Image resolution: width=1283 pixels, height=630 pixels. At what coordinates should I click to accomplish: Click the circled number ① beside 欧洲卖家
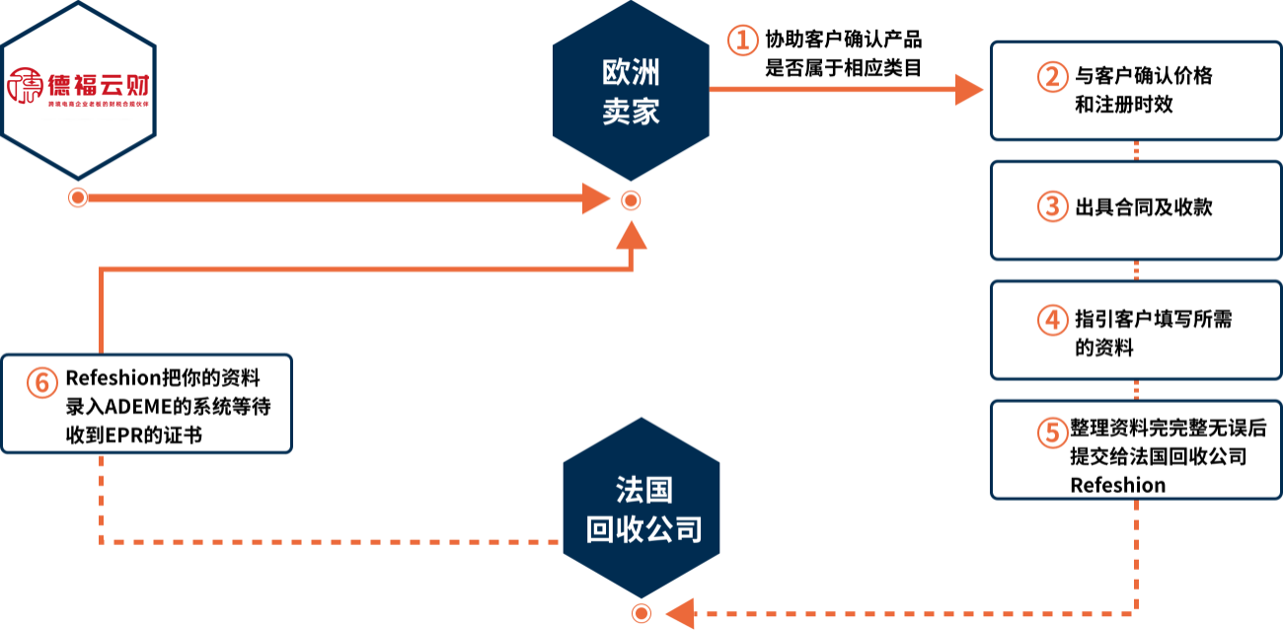pos(743,41)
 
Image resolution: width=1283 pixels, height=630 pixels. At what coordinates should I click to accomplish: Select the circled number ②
pos(1053,77)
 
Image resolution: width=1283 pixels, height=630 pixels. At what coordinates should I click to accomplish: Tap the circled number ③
pos(1053,206)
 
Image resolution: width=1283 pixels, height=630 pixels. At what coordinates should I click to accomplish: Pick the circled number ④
pos(1053,320)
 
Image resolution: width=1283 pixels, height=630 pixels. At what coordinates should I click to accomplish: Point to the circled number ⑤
pos(1053,433)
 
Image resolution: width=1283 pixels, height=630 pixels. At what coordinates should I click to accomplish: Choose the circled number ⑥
pos(42,383)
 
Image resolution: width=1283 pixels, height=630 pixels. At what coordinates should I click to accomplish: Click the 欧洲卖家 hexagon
pos(631,91)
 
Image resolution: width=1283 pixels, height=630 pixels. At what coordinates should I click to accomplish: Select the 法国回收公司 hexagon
pos(641,509)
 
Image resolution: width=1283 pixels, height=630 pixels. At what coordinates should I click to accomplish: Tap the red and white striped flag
pos(78,89)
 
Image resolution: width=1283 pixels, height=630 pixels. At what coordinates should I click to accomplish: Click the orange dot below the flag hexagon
pos(78,198)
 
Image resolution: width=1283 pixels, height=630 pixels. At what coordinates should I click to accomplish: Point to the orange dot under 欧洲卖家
pos(631,201)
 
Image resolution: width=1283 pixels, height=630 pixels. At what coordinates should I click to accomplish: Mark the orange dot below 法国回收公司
pos(641,613)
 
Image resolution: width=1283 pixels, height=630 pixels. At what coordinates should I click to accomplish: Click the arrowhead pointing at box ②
pos(969,90)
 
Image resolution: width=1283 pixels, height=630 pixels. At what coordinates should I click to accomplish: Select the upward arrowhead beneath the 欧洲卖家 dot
pos(631,235)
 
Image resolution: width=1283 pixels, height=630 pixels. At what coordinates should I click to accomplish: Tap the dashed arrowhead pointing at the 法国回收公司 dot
pos(680,613)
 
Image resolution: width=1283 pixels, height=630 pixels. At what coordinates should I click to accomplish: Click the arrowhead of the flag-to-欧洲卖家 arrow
pos(596,198)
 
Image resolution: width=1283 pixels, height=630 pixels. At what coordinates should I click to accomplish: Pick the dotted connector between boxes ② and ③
pos(1137,151)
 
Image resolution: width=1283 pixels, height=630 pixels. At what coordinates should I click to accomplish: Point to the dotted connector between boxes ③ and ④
pos(1137,271)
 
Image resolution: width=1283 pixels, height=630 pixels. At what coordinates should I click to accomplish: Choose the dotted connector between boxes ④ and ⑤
pos(1137,390)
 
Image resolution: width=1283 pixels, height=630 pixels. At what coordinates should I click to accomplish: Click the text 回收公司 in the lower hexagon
pos(643,530)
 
